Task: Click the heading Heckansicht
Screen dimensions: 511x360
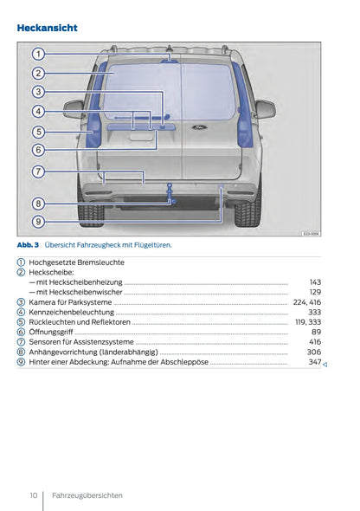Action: [x=48, y=28]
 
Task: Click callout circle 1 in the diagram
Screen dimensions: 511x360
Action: [x=39, y=54]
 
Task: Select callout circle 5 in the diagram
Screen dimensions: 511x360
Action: [x=39, y=132]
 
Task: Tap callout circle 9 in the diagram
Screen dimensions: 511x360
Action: [x=39, y=222]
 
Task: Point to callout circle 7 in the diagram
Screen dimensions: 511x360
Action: [x=39, y=171]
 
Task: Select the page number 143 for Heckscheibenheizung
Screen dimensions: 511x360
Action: [x=315, y=282]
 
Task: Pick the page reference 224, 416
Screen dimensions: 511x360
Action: [x=307, y=302]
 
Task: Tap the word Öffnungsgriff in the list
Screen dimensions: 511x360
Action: [x=51, y=332]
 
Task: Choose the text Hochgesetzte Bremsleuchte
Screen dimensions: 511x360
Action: [x=76, y=262]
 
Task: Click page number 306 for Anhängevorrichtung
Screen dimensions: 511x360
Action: [x=314, y=352]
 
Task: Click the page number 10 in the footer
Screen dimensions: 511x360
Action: [x=33, y=495]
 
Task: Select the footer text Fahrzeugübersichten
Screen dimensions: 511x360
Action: [x=87, y=495]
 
